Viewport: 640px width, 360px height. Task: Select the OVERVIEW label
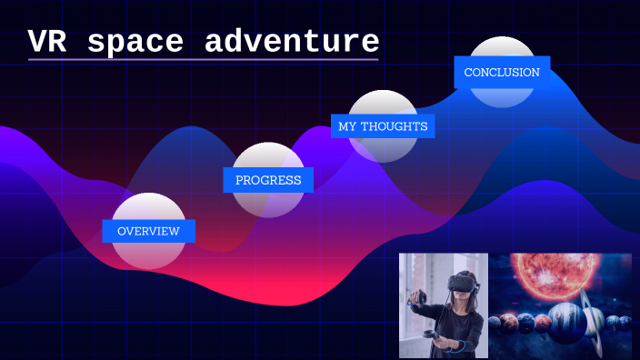click(148, 231)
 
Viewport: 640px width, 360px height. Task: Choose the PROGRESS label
click(268, 180)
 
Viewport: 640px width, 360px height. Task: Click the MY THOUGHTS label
click(383, 126)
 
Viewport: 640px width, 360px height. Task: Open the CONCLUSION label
click(502, 73)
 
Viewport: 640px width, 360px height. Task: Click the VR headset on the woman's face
click(464, 283)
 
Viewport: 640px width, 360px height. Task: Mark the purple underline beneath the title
click(203, 60)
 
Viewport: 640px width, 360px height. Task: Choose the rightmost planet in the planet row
click(625, 322)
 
